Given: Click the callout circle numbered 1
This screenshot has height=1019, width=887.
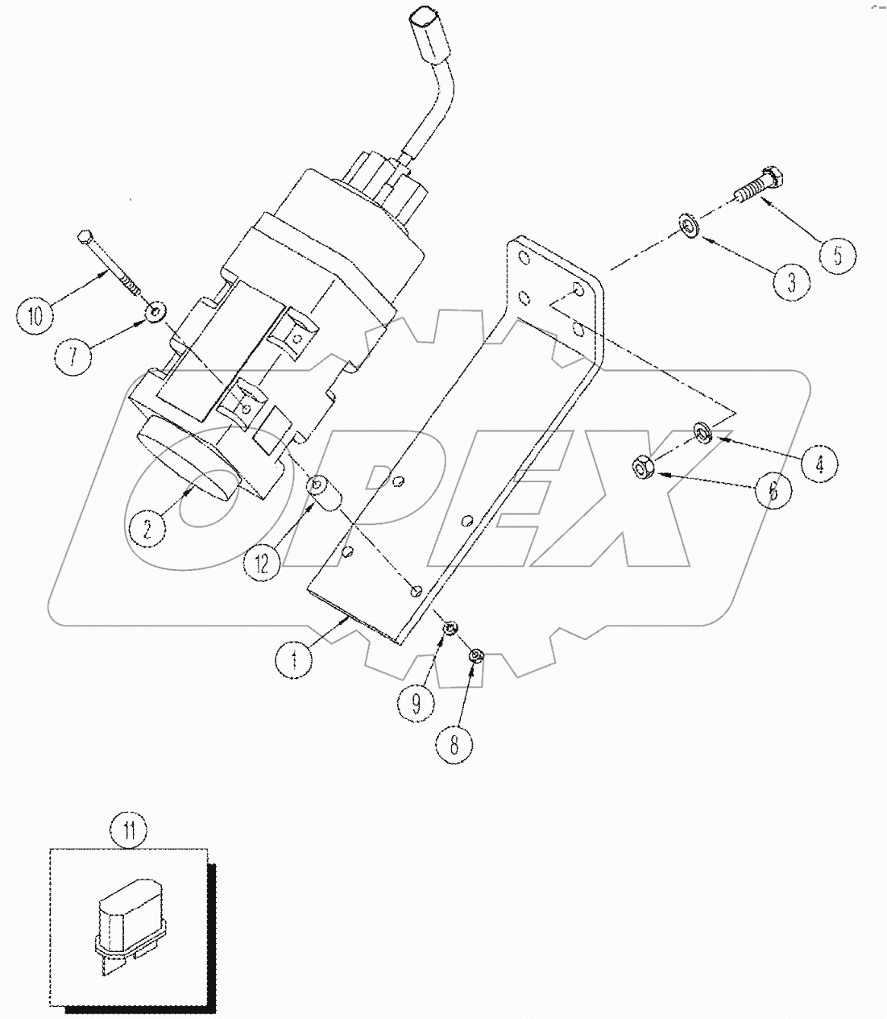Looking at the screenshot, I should click(294, 661).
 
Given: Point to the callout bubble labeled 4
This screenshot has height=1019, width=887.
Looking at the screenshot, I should click(818, 464).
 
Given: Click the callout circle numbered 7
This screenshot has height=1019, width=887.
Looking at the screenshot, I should click(73, 356).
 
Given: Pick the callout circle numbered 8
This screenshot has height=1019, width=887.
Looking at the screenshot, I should click(454, 746).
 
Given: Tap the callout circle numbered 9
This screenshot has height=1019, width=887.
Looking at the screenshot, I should click(416, 704).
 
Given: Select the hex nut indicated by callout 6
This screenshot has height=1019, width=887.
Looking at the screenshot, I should click(641, 466).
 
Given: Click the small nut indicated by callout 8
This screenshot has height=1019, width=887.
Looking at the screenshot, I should click(476, 655).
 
